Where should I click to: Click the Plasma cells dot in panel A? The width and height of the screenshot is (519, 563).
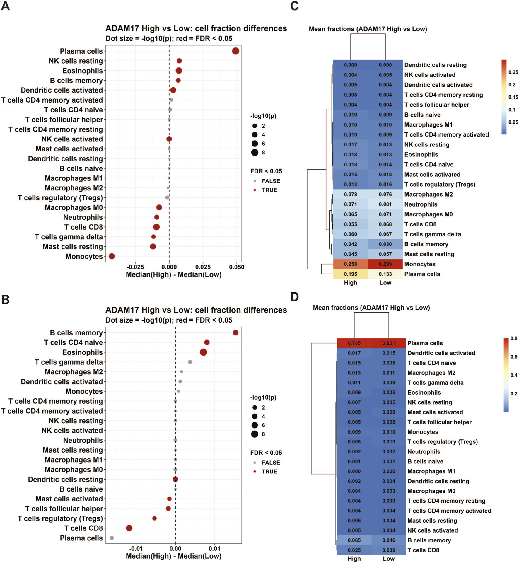click(235, 51)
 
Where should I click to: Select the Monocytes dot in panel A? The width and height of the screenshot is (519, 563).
click(112, 256)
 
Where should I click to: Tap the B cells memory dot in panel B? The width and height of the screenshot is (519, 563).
click(235, 332)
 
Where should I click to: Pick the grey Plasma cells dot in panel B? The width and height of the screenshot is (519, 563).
click(112, 538)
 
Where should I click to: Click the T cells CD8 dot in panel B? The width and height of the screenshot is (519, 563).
click(129, 528)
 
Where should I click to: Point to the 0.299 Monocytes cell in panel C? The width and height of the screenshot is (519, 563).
click(385, 264)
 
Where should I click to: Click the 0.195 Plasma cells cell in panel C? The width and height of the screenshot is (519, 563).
click(351, 274)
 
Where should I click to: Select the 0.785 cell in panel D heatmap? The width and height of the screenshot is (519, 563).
click(354, 343)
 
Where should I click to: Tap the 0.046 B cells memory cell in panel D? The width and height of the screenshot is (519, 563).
click(389, 540)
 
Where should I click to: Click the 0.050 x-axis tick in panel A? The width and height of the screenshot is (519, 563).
click(237, 267)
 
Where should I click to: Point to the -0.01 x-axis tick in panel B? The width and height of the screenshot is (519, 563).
click(136, 548)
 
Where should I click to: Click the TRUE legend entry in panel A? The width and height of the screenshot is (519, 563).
click(269, 190)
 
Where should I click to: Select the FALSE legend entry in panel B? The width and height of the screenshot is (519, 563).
click(271, 463)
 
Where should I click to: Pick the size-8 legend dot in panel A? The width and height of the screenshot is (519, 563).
click(255, 152)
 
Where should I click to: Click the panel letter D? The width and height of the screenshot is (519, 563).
click(294, 296)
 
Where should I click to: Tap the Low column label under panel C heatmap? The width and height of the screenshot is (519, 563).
click(385, 283)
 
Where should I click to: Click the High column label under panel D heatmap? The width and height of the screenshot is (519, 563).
click(354, 559)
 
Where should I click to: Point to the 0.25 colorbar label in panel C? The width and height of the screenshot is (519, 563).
click(513, 72)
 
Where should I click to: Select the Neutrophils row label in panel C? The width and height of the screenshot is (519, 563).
click(421, 204)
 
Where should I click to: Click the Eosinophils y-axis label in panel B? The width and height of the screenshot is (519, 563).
click(82, 352)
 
